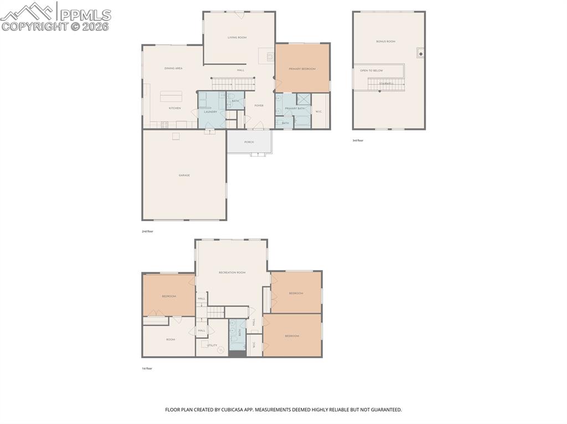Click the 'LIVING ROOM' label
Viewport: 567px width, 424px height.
point(237,38)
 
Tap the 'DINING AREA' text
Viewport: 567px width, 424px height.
point(173,69)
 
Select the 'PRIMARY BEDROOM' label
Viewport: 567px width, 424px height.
point(302,69)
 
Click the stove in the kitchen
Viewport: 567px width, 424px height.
point(164,125)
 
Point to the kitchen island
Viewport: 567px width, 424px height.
point(172,96)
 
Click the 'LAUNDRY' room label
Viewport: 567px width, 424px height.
point(210,112)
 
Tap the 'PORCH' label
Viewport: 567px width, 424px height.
point(249,142)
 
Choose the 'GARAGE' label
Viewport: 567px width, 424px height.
point(184,175)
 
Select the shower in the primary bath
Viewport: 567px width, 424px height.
point(303,100)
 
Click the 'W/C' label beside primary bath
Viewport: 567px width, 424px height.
point(319,112)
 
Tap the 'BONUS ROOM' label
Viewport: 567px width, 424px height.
point(385,41)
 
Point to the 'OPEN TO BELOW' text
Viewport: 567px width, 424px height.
point(371,71)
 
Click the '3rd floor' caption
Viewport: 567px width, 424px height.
point(358,140)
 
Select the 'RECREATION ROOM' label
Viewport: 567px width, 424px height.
point(232,273)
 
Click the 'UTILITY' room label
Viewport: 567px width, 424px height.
point(213,346)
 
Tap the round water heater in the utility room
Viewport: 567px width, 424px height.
point(221,349)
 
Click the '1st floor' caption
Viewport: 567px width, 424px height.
point(147,368)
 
